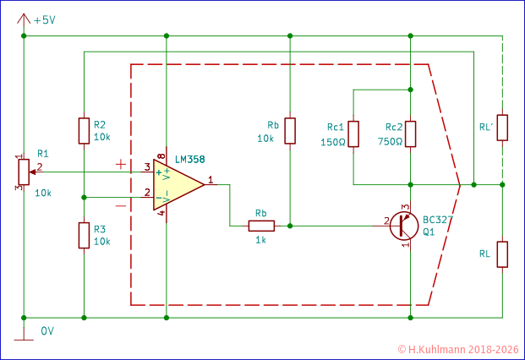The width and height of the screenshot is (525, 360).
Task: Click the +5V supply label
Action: tap(43, 19)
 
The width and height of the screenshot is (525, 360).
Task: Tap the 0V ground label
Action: tap(47, 331)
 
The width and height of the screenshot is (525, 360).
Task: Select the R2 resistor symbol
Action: tap(84, 131)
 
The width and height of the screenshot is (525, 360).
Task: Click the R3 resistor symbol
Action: tap(84, 235)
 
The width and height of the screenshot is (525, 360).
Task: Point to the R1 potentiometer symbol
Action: tap(23, 172)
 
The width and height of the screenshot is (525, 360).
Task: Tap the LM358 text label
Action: tap(189, 160)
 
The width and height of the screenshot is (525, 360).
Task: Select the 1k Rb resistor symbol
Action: tap(261, 226)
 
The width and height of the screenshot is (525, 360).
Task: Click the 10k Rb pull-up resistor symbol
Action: tap(290, 131)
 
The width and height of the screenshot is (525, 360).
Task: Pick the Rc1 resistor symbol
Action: tap(353, 134)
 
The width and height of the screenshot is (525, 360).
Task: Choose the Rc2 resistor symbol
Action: tap(410, 134)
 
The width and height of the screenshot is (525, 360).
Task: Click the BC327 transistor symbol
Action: tap(403, 226)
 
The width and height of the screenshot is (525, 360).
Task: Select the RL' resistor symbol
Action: tap(502, 128)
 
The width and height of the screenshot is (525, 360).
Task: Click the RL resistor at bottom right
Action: tap(502, 254)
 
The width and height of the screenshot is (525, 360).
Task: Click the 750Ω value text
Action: tap(390, 142)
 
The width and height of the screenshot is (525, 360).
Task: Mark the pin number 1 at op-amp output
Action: tap(211, 178)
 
